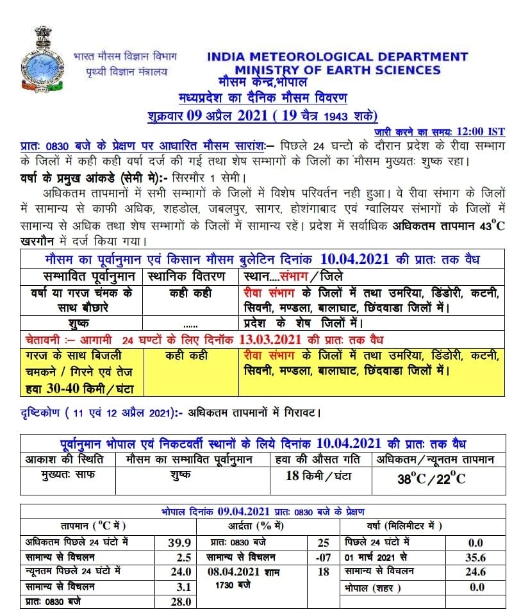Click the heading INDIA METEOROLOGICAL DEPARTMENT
coord(337,57)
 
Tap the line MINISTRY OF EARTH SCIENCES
coord(337,70)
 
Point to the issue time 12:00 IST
coord(480,132)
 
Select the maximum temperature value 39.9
coord(179,542)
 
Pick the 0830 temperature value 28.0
coord(179,601)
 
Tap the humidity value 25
coord(323,542)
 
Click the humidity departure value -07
coord(323,557)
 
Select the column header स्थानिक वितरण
coord(186,277)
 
